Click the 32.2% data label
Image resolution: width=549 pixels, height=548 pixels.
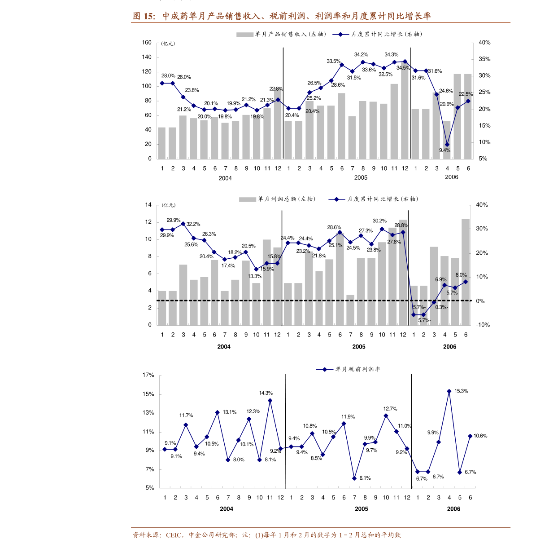193,224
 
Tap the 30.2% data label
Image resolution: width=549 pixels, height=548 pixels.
379,221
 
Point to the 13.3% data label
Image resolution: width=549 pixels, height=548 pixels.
255,276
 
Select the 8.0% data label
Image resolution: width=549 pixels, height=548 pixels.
461,275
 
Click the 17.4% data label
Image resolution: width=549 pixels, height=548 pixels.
228,266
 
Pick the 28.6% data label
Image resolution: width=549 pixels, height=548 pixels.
334,228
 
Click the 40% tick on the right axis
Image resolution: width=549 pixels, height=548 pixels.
482,205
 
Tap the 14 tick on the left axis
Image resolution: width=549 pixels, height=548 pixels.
148,205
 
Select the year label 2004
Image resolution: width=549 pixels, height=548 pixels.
224,347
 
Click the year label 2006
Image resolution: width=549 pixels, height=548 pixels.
449,347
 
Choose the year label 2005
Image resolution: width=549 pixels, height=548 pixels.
359,347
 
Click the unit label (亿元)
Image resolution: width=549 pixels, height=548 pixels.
169,205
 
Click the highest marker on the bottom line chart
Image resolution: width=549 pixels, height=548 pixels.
449,391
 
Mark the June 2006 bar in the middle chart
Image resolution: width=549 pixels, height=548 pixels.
466,272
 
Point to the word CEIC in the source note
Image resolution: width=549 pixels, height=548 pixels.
174,535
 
